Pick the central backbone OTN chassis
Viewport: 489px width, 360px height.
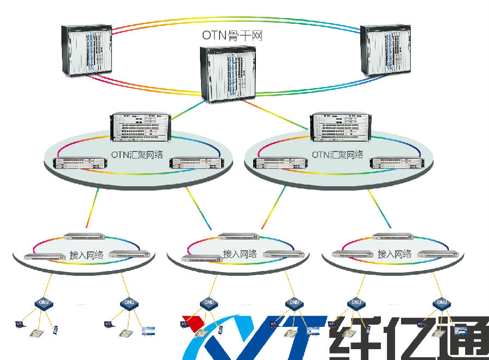point(228,74)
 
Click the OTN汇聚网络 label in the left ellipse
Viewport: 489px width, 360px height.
point(139,154)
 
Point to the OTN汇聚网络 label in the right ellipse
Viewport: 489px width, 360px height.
point(337,154)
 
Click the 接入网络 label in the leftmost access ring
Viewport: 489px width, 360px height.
point(86,255)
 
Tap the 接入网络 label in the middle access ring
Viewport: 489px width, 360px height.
point(240,254)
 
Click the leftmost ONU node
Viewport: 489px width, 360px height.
point(42,302)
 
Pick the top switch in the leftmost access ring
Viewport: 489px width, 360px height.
point(84,236)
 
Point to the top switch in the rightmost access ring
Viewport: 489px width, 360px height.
point(393,236)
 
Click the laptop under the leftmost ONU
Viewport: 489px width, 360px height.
point(20,325)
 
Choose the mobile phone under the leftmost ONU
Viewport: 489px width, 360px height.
point(55,329)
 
